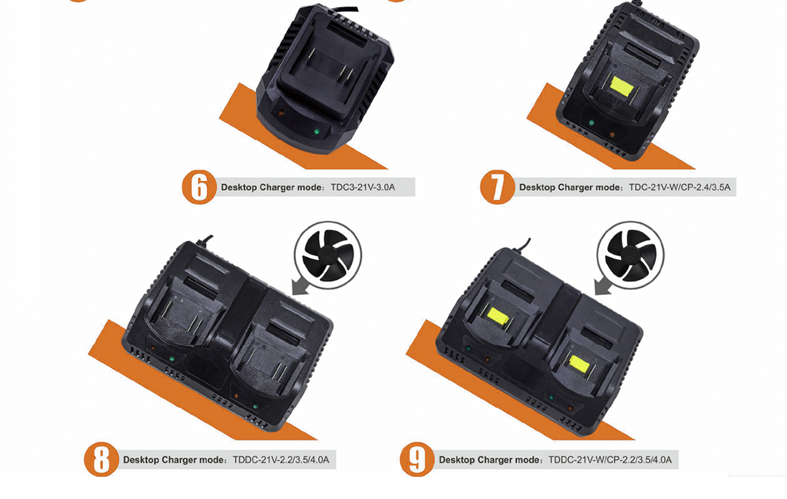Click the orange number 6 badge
tap(199, 188)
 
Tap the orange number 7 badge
tap(497, 188)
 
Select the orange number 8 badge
tap(102, 460)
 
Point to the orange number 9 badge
tap(417, 460)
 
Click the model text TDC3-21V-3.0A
tap(363, 188)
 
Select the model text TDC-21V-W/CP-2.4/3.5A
tap(680, 188)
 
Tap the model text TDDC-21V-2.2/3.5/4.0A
tap(280, 460)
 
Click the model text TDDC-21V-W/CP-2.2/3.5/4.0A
tap(610, 460)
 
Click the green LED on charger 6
tap(316, 132)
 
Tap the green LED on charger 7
tap(591, 122)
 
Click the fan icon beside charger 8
tap(328, 255)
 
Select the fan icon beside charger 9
tap(630, 255)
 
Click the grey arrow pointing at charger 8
tap(300, 286)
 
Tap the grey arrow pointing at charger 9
tap(603, 286)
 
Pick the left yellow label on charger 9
tap(498, 316)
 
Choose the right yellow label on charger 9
tap(580, 364)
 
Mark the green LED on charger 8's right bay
tap(255, 407)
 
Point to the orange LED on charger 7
tap(612, 135)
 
